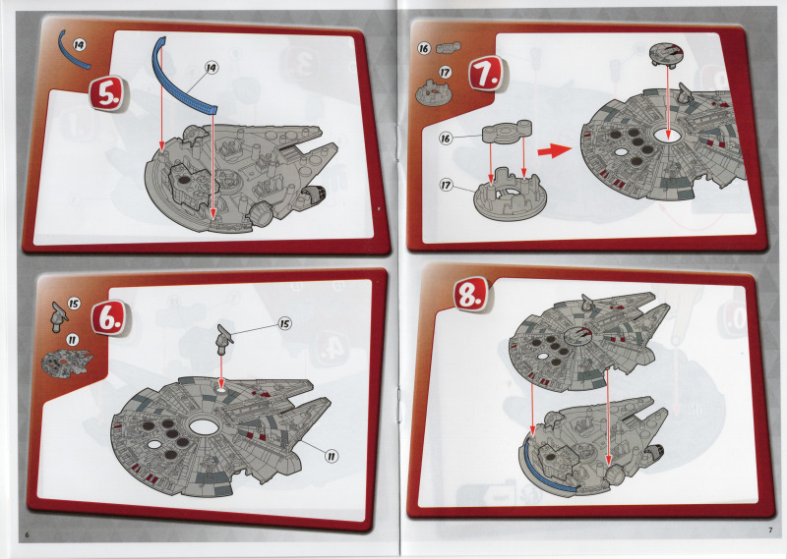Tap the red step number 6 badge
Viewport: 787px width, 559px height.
tap(109, 317)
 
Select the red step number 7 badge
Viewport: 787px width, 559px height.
tap(486, 74)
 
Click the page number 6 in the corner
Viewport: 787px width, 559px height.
tap(28, 534)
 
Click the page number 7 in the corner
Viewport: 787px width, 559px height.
tap(770, 531)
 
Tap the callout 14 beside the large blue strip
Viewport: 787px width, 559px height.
tap(212, 67)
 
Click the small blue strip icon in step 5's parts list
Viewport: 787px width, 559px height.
tap(73, 50)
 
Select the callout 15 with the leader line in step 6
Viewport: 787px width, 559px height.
tap(284, 323)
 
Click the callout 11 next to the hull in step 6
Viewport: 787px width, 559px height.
tap(332, 456)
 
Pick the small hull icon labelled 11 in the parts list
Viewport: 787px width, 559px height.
tap(66, 362)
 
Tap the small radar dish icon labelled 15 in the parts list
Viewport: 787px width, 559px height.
tap(59, 317)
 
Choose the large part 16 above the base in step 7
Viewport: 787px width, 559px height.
tap(507, 132)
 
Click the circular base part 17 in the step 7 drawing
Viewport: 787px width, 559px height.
tap(508, 196)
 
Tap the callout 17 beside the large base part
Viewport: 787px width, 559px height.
tap(446, 185)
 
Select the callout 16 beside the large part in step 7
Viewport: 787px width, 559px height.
tap(446, 138)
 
